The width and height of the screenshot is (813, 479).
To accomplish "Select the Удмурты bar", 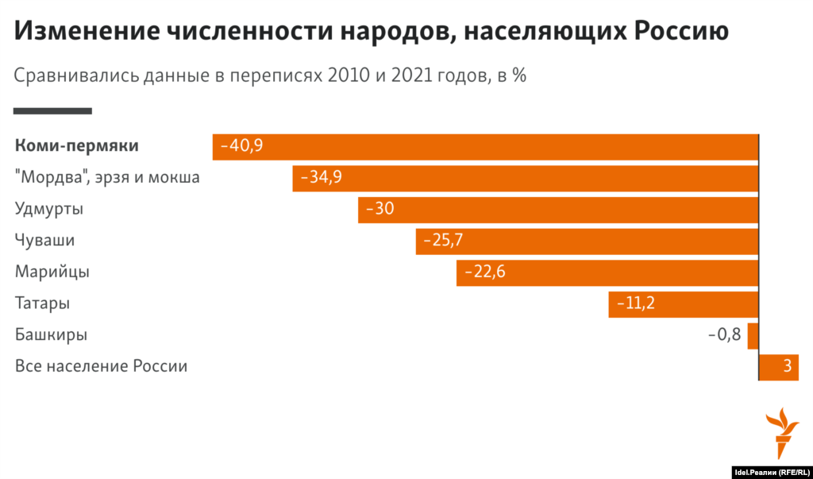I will coord(559,210).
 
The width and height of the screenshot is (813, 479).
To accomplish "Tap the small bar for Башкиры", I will coord(753,334).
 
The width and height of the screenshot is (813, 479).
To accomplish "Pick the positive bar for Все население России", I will coord(779,366).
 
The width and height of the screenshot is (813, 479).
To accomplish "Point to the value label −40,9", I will coord(241,146).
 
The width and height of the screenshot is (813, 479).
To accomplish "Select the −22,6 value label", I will coord(484,272).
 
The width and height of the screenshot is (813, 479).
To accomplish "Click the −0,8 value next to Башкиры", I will coord(724,334).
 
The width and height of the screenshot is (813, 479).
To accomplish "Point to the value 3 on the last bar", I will coord(787,366).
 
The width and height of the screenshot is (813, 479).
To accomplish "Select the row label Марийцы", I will coord(52,272).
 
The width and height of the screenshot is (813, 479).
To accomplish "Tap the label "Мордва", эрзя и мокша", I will coord(107,177).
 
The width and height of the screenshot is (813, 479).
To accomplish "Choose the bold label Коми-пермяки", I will coord(77,146).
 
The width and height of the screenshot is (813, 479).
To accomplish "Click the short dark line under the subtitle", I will coord(52,111).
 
